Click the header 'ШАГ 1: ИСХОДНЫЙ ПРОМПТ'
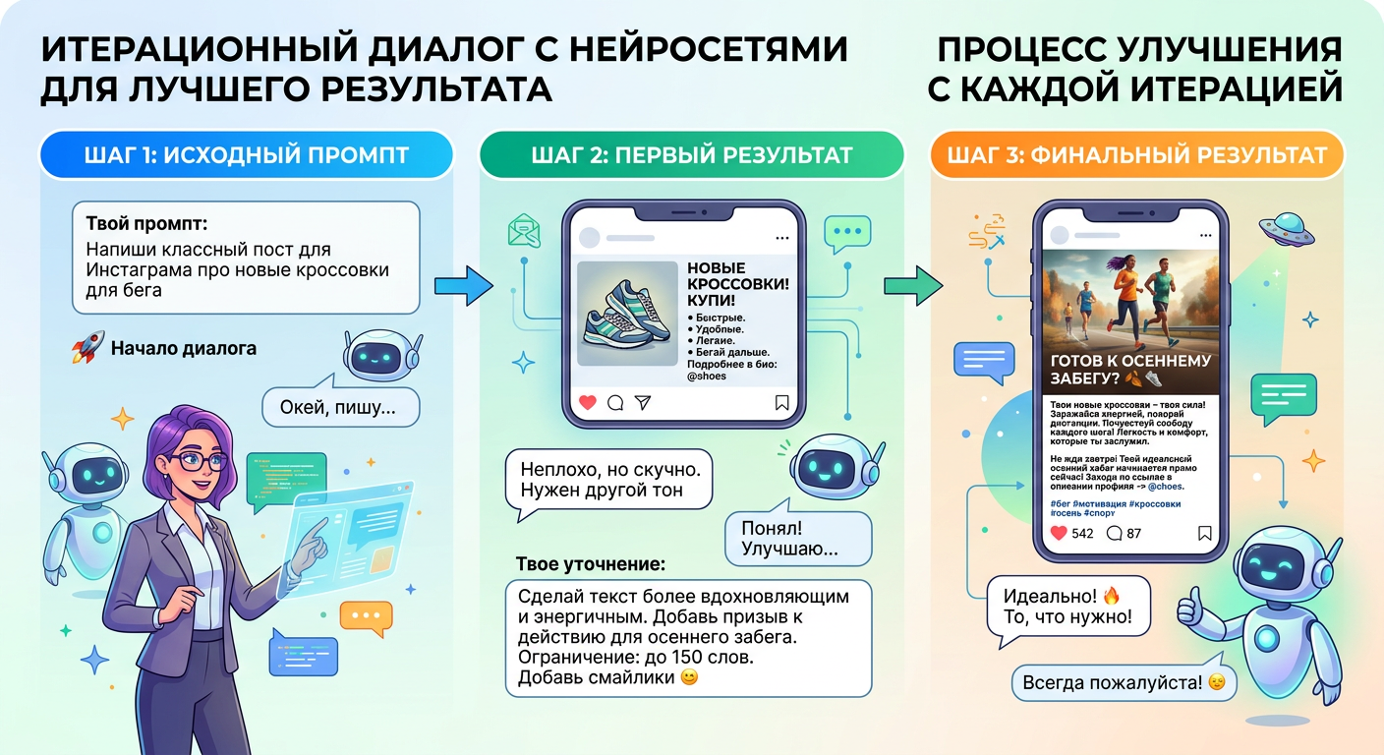click(245, 154)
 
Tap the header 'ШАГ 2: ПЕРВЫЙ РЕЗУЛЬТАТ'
click(691, 154)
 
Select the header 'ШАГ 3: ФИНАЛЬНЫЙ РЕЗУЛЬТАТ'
click(1136, 154)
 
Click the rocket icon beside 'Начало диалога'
click(88, 348)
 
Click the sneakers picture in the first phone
click(627, 313)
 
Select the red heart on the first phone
click(588, 402)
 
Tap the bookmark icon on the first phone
click(782, 402)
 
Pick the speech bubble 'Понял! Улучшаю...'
click(799, 538)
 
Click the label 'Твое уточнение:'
click(590, 565)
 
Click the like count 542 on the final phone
click(1081, 534)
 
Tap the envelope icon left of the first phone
click(524, 230)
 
